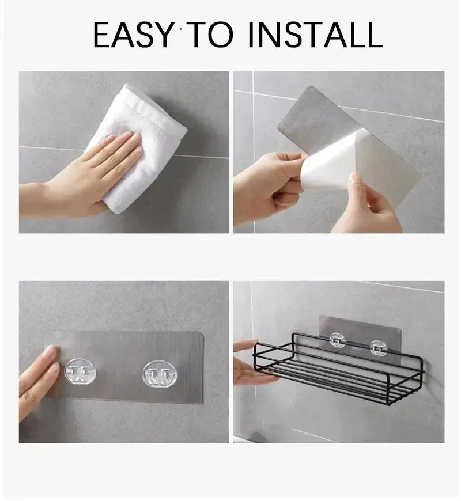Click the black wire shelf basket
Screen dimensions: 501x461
[x=340, y=369]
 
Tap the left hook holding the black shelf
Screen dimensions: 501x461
[x=338, y=340]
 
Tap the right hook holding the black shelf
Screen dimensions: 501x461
[x=378, y=347]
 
